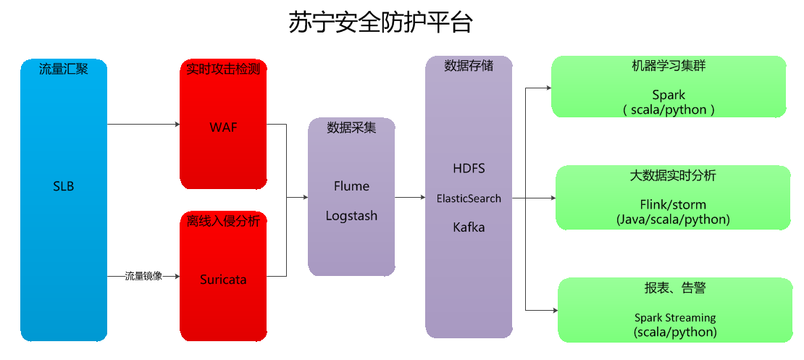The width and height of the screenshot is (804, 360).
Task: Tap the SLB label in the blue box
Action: tap(64, 186)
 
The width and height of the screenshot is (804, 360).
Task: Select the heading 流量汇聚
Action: tap(64, 70)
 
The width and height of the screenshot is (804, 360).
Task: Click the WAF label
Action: tap(223, 127)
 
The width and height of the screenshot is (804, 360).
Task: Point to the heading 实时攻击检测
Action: tap(223, 70)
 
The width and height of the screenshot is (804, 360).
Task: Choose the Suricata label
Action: tap(223, 279)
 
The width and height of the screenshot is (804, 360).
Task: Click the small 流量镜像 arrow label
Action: tap(143, 276)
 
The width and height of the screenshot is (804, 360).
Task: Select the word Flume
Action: tap(351, 186)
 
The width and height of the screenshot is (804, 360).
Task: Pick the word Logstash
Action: tap(351, 216)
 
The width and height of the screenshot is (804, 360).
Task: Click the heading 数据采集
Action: tap(351, 128)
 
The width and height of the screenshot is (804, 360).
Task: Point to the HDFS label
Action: tap(469, 168)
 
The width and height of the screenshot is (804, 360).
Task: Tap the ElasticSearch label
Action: tap(469, 198)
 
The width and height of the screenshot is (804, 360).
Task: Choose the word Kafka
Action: tap(469, 227)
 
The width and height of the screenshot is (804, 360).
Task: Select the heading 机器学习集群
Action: tap(669, 66)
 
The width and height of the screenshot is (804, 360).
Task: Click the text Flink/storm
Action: tap(673, 204)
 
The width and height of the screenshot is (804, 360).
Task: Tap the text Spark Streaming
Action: tap(675, 317)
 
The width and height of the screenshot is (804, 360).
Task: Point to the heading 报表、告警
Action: tap(674, 288)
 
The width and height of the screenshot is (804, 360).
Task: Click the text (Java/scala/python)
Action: tap(673, 219)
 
